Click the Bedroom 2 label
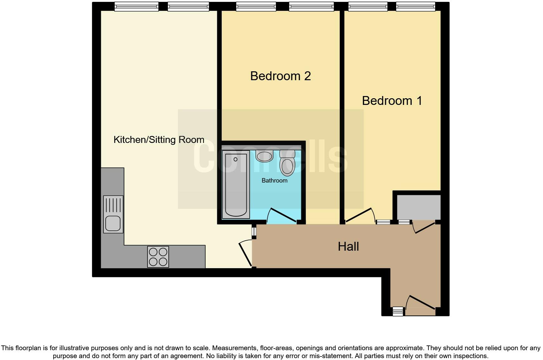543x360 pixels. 280,76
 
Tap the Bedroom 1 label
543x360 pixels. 392,101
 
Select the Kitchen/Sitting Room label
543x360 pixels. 159,140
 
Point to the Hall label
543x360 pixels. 348,247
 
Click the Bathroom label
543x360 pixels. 274,181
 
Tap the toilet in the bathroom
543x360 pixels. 287,163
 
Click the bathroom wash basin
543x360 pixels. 265,156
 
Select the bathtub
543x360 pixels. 236,184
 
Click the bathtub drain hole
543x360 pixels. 235,159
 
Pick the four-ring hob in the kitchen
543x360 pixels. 158,257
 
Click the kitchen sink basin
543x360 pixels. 113,223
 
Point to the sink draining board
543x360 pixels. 113,205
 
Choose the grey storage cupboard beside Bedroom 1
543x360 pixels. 419,207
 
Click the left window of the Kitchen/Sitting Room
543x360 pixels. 136,7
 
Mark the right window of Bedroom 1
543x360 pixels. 415,7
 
